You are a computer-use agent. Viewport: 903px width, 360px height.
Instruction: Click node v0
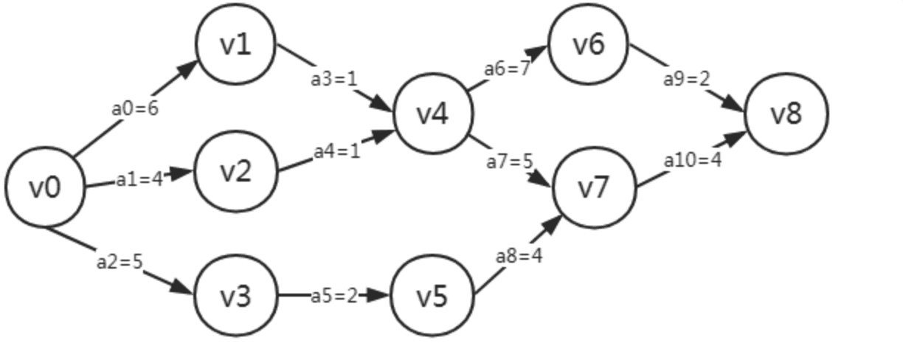pyautogui.click(x=45, y=187)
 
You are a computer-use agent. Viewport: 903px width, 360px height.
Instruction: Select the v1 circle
pyautogui.click(x=235, y=44)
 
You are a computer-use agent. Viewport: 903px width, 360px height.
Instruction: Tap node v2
pyautogui.click(x=235, y=171)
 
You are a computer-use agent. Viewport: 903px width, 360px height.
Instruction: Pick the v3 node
pyautogui.click(x=235, y=296)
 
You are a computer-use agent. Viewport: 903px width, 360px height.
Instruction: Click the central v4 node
pyautogui.click(x=432, y=114)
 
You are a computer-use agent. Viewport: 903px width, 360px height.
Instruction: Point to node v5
pyautogui.click(x=432, y=296)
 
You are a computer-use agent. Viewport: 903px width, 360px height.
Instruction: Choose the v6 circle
pyautogui.click(x=589, y=44)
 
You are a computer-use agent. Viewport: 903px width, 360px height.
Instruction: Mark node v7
pyautogui.click(x=594, y=187)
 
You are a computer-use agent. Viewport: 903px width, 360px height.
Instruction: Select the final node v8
pyautogui.click(x=786, y=114)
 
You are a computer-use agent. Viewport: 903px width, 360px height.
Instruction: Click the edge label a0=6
pyautogui.click(x=135, y=108)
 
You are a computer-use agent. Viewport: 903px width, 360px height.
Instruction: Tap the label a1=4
pyautogui.click(x=139, y=179)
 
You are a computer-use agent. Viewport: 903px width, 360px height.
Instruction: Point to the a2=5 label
pyautogui.click(x=119, y=261)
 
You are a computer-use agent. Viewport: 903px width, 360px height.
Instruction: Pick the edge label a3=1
pyautogui.click(x=333, y=78)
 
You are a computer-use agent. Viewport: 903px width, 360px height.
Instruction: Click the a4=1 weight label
pyautogui.click(x=337, y=151)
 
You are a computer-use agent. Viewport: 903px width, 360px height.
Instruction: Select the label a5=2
pyautogui.click(x=333, y=296)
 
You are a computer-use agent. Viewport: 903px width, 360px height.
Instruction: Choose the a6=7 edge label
pyautogui.click(x=508, y=68)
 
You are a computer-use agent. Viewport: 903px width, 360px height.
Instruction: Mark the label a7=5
pyautogui.click(x=509, y=161)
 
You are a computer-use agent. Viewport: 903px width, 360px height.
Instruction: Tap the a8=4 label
pyautogui.click(x=519, y=256)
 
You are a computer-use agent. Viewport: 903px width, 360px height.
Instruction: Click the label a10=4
pyautogui.click(x=692, y=159)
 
